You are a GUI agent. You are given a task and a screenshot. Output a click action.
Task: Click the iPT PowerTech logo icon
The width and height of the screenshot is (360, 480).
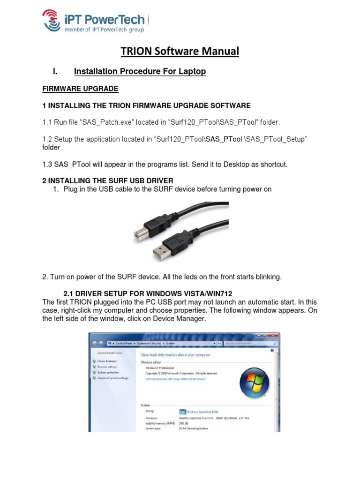click(x=52, y=20)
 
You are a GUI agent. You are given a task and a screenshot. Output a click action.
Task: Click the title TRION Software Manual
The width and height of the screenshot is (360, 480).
click(x=180, y=51)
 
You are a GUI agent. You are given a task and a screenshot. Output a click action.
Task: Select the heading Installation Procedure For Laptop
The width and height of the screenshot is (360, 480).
click(x=140, y=72)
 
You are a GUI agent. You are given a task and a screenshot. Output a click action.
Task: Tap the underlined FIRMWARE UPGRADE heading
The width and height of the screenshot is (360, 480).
click(x=80, y=89)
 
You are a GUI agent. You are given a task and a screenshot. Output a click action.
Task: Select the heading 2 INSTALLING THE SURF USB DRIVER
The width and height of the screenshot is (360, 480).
click(x=108, y=180)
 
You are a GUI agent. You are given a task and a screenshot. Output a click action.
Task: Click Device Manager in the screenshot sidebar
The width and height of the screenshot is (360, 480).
click(x=107, y=361)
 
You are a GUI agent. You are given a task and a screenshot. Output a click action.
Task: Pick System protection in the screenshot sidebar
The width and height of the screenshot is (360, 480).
click(x=108, y=373)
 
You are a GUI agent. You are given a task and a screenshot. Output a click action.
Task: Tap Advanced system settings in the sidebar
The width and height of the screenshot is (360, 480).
click(x=112, y=378)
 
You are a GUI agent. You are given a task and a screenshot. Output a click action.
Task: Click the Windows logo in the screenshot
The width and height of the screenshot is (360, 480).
click(x=254, y=383)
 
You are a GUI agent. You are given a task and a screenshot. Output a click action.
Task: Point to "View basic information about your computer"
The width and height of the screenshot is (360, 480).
click(x=176, y=355)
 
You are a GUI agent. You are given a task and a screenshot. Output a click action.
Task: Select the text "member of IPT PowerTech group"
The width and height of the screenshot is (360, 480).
click(x=105, y=30)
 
